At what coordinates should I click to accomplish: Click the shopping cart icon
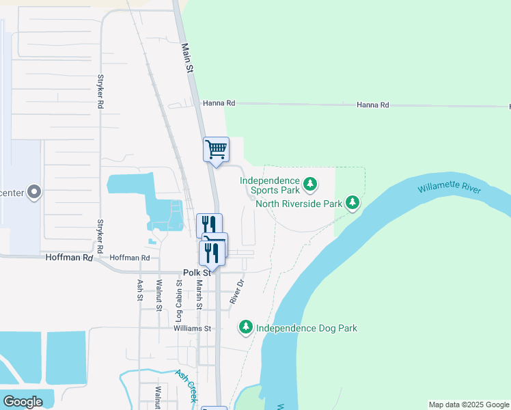tap(216, 149)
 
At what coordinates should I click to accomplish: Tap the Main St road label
tap(186, 57)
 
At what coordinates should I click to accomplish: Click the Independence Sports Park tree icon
tap(310, 184)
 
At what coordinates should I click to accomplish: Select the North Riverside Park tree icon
tap(353, 203)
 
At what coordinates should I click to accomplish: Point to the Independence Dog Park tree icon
tap(246, 328)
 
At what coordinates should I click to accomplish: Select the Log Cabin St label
tap(179, 301)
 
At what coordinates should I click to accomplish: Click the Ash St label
tap(139, 290)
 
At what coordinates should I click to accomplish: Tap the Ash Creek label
tap(187, 385)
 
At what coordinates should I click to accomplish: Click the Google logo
tap(23, 402)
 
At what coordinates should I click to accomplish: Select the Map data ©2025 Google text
tap(468, 405)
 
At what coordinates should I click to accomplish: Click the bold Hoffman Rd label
tap(68, 258)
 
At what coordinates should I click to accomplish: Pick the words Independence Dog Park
tap(306, 329)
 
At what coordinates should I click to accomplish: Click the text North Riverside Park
tap(298, 204)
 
